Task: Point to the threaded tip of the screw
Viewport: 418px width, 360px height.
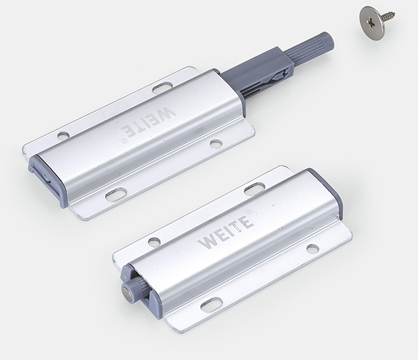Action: click(393, 13)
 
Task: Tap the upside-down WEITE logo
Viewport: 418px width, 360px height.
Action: click(149, 122)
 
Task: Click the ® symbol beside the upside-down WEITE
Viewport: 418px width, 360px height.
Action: click(123, 140)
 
